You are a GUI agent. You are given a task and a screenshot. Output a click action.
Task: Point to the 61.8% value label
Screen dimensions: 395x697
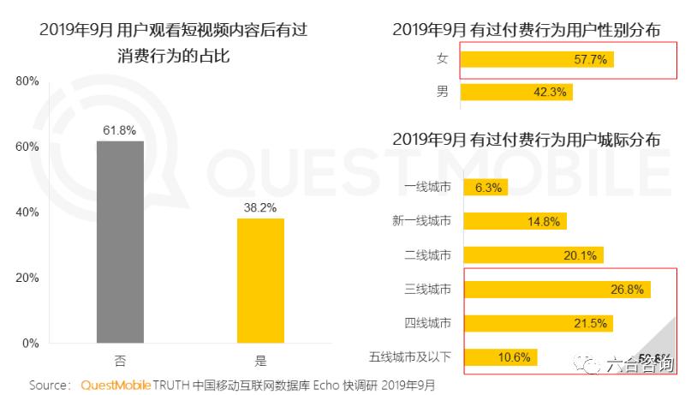point(120,130)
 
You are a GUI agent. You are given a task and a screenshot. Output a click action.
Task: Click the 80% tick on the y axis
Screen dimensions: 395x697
point(27,81)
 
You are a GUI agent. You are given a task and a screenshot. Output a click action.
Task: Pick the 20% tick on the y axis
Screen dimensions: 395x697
point(27,278)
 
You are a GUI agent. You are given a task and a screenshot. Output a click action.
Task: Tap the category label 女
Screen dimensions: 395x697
point(443,60)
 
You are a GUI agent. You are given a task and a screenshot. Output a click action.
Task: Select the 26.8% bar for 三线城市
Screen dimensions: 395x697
point(557,289)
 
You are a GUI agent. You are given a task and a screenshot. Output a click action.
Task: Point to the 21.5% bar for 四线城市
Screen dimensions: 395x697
point(539,323)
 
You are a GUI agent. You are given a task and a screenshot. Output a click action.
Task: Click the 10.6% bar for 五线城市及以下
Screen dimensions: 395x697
point(501,356)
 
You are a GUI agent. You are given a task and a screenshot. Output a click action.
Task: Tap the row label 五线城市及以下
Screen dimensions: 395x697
point(410,356)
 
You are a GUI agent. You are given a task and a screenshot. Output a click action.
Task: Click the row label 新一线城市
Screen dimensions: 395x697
point(421,221)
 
